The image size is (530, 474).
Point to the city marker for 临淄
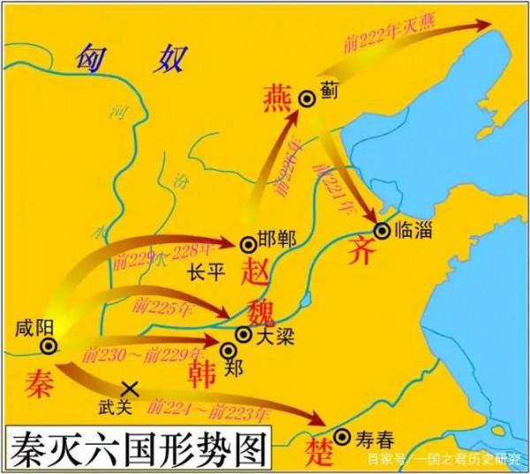381,231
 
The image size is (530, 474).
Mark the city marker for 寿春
343,435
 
